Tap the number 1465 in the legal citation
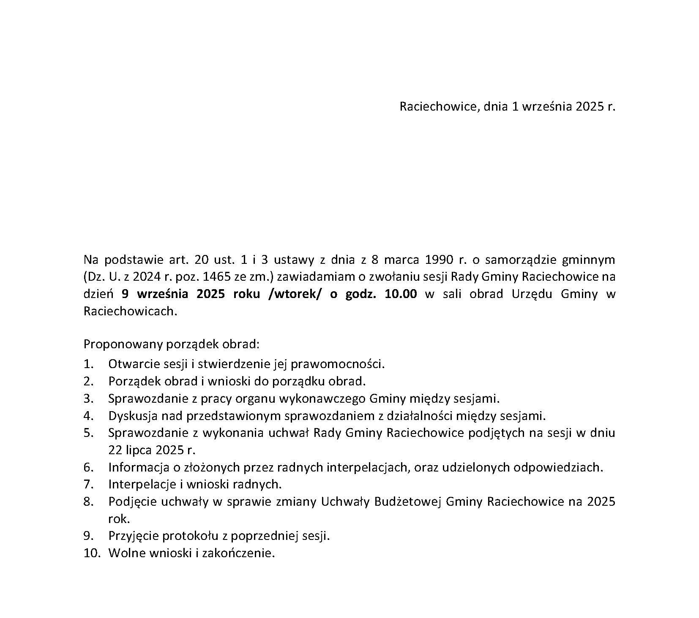[216, 276]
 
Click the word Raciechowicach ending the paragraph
[128, 311]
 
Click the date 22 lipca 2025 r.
[152, 450]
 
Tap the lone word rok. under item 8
[119, 519]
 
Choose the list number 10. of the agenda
[92, 553]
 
